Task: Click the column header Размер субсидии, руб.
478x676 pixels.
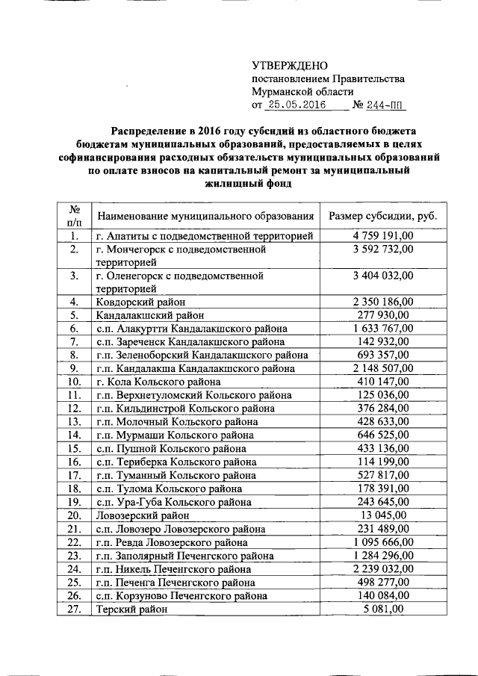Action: coord(382,216)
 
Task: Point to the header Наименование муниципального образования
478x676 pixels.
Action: coord(205,216)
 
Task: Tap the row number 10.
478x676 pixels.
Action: coord(74,382)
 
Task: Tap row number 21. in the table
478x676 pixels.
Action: coord(74,529)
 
